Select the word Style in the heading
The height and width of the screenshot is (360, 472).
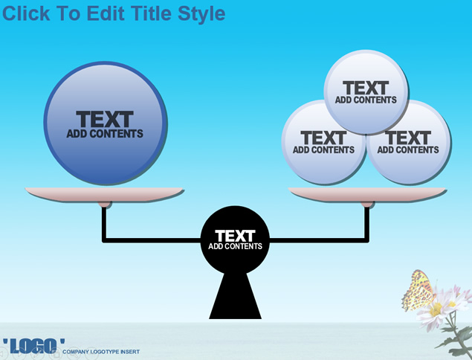[201, 14]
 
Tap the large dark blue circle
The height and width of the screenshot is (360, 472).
[106, 123]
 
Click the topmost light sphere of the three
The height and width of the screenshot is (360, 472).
[366, 92]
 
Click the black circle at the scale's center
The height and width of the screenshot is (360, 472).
[235, 240]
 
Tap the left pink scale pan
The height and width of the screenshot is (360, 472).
[104, 194]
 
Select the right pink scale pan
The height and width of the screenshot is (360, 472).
[367, 194]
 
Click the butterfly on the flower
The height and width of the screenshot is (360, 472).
[418, 290]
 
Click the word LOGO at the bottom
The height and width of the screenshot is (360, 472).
[33, 346]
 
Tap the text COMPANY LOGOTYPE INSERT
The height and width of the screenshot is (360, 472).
[101, 352]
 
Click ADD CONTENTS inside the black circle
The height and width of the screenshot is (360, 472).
[235, 246]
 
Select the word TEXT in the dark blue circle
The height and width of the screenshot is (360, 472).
[105, 119]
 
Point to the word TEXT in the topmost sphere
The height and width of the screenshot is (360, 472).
[366, 88]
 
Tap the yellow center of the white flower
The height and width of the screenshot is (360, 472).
[436, 309]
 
